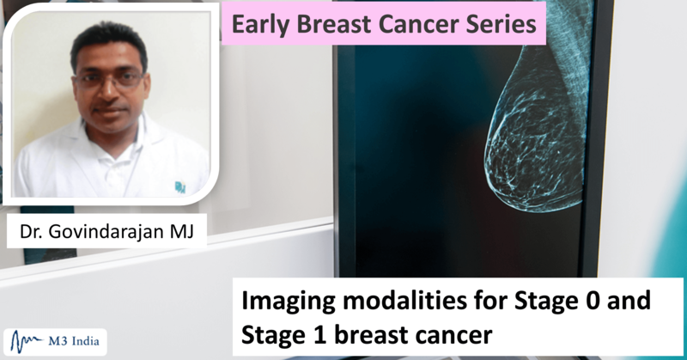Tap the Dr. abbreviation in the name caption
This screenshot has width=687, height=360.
pos(31,231)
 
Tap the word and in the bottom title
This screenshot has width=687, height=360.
pos(632,300)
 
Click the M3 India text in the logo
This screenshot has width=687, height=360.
pos(74,341)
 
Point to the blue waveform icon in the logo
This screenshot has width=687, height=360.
pos(27,342)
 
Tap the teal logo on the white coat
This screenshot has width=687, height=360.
pos(180,187)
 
